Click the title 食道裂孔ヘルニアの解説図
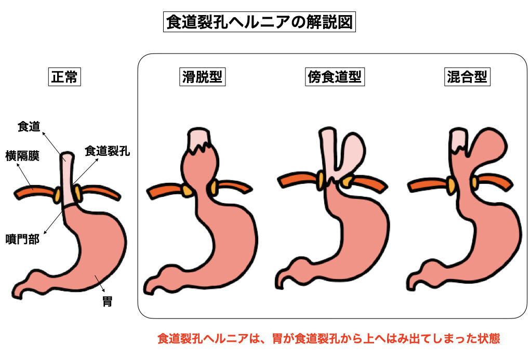click(260, 23)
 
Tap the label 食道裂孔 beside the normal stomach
click(107, 152)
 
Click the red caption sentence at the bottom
click(328, 339)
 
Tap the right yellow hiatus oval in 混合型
click(475, 181)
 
